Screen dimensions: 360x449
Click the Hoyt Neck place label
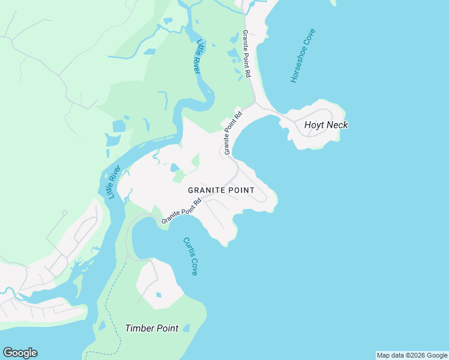(x=326, y=125)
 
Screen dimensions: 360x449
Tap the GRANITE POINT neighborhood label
(x=221, y=190)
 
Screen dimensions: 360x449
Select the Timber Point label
(x=151, y=328)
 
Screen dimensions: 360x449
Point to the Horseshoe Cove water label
(x=303, y=56)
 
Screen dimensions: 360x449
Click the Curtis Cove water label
(x=190, y=256)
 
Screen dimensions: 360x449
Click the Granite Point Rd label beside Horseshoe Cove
(x=247, y=54)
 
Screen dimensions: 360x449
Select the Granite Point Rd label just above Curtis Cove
(x=181, y=213)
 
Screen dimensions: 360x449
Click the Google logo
(x=20, y=353)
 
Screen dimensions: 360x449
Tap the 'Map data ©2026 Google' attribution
(x=412, y=355)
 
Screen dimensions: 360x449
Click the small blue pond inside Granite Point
(x=175, y=167)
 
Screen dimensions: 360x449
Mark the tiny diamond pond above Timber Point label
(x=158, y=295)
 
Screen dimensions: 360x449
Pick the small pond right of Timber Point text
(x=186, y=328)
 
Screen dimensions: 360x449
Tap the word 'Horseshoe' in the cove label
(x=300, y=67)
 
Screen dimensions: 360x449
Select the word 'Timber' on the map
(x=138, y=328)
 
